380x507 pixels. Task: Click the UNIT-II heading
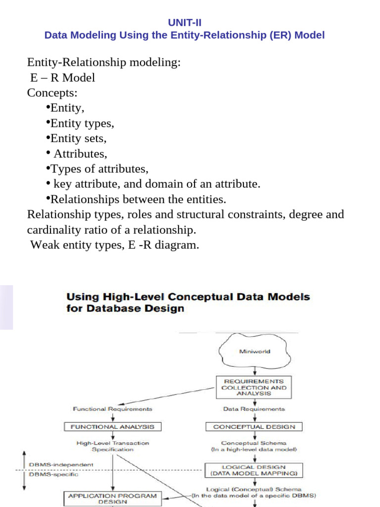tap(185, 23)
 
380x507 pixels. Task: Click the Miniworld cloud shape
tap(254, 352)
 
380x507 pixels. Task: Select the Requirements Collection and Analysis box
tap(254, 387)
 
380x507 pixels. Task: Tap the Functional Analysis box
tap(113, 426)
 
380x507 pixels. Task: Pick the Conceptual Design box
tap(254, 426)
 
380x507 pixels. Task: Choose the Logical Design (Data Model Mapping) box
tap(254, 470)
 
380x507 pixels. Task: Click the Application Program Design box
tap(113, 498)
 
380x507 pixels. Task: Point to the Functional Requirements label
tap(113, 409)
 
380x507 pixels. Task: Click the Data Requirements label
tap(254, 409)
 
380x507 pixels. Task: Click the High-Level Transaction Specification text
tap(113, 446)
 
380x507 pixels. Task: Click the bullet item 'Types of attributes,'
tap(99, 169)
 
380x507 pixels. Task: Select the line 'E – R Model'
tap(62, 78)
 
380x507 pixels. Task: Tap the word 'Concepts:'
tap(52, 93)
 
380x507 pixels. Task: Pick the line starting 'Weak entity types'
tap(114, 245)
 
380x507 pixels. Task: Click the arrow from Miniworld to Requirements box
tap(254, 370)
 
